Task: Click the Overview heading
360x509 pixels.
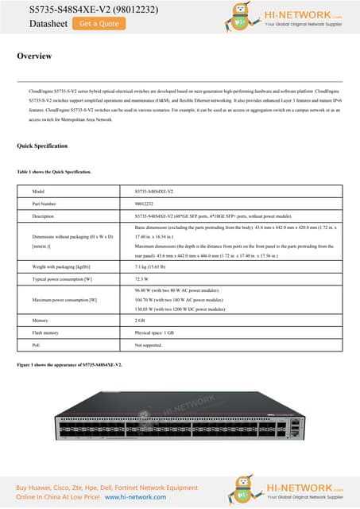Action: pyautogui.click(x=34, y=56)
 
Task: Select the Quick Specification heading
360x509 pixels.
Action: pyautogui.click(x=42, y=146)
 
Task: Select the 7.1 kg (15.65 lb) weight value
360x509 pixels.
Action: pyautogui.click(x=151, y=268)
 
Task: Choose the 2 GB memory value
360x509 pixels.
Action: pyautogui.click(x=140, y=320)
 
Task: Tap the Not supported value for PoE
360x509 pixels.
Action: pyautogui.click(x=148, y=345)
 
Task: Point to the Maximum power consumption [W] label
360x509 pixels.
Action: pyautogui.click(x=64, y=300)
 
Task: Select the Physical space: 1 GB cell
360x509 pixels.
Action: pyautogui.click(x=154, y=332)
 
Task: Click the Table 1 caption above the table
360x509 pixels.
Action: pyautogui.click(x=53, y=172)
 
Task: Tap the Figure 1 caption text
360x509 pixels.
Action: pyautogui.click(x=70, y=363)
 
